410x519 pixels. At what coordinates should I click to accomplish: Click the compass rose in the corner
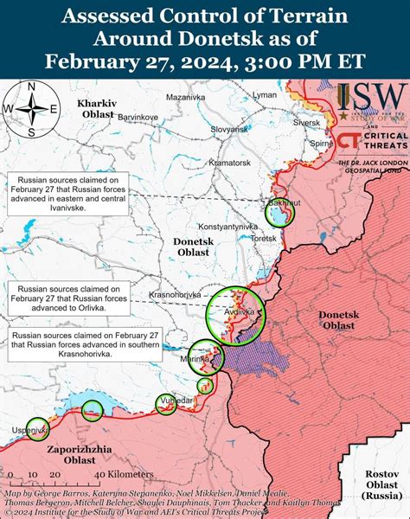[x=30, y=108]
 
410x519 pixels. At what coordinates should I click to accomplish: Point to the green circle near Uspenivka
[x=37, y=427]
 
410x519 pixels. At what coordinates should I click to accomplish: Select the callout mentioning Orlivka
[x=67, y=295]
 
